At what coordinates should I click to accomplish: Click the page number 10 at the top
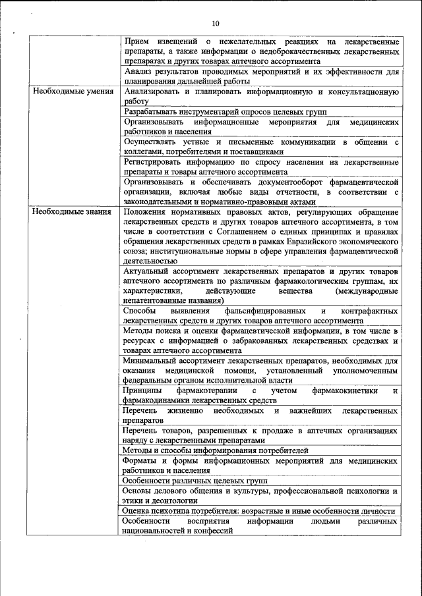pyautogui.click(x=215, y=23)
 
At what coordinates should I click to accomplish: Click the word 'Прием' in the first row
pyautogui.click(x=137, y=41)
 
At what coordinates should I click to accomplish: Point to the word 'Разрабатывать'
pyautogui.click(x=152, y=113)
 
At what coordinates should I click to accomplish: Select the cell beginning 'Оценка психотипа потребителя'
pyautogui.click(x=258, y=511)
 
